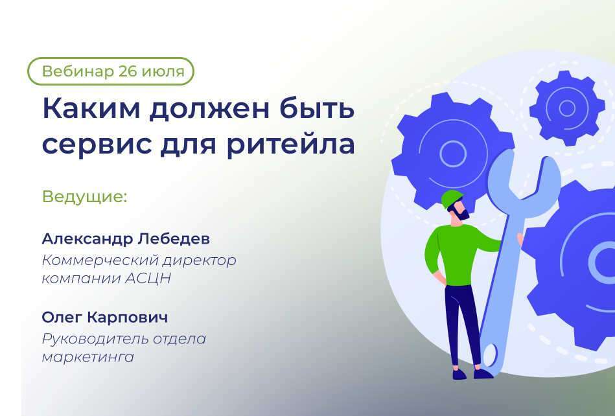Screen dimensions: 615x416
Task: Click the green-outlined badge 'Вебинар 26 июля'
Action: pyautogui.click(x=111, y=71)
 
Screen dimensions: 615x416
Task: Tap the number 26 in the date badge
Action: pyautogui.click(x=127, y=71)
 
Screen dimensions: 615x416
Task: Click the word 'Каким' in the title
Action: pyautogui.click(x=91, y=108)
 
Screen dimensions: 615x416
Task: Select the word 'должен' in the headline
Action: pyautogui.click(x=209, y=109)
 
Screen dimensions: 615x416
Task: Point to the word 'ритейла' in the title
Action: pyautogui.click(x=290, y=144)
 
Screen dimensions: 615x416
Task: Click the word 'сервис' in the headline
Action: pyautogui.click(x=97, y=144)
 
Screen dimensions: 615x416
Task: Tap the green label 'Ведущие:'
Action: pyautogui.click(x=85, y=196)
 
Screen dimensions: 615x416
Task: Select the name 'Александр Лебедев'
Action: pyautogui.click(x=126, y=238)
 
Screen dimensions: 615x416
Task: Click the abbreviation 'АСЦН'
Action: pyautogui.click(x=148, y=279)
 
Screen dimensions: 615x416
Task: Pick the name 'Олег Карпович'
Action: pyautogui.click(x=105, y=318)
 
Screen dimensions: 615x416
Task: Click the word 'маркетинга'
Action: pyautogui.click(x=88, y=357)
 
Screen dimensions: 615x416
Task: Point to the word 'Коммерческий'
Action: pyautogui.click(x=100, y=260)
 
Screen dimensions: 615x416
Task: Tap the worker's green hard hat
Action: pyautogui.click(x=452, y=198)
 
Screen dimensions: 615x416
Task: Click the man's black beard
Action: pyautogui.click(x=461, y=214)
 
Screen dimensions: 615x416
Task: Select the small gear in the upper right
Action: pyautogui.click(x=567, y=108)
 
